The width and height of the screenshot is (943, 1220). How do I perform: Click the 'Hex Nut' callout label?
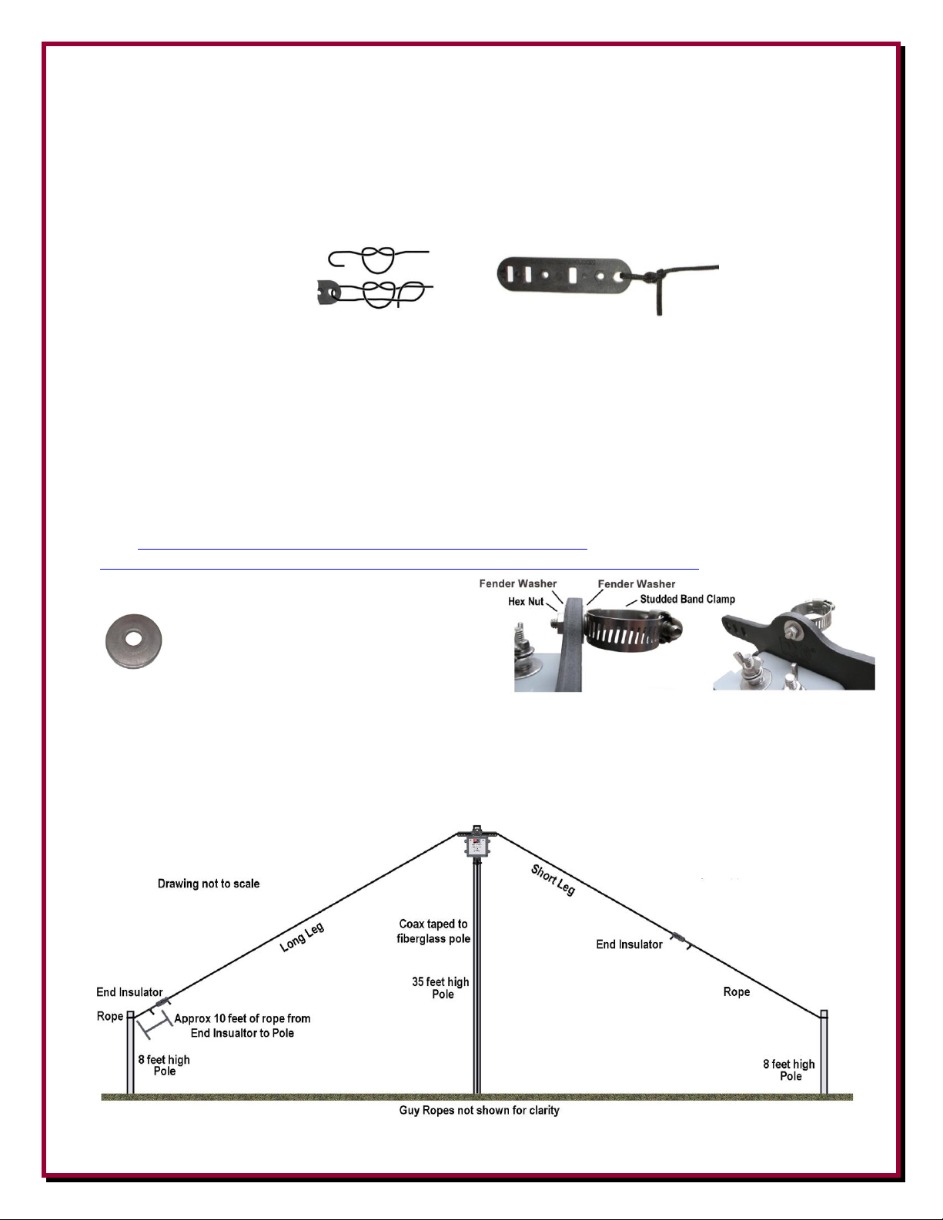click(526, 601)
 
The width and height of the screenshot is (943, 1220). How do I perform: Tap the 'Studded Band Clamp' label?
click(687, 599)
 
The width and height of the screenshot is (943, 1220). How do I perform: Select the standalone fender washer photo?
click(133, 641)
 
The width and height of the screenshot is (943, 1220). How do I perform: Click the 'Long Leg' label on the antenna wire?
click(302, 938)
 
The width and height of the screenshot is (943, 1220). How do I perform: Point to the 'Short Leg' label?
click(553, 880)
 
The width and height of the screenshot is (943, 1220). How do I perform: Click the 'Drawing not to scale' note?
click(209, 884)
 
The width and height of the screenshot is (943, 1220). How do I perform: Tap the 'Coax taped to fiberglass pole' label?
click(433, 931)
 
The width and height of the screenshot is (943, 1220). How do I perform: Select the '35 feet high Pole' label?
click(440, 988)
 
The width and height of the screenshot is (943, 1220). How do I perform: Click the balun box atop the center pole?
click(477, 847)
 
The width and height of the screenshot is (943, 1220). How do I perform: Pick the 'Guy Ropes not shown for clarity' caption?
click(479, 1110)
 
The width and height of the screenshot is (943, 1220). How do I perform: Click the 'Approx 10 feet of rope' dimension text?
click(242, 1025)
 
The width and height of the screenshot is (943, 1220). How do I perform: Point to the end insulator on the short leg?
click(677, 938)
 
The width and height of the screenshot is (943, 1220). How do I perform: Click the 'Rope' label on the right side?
click(737, 991)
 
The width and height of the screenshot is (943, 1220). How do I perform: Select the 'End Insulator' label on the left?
click(129, 992)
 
